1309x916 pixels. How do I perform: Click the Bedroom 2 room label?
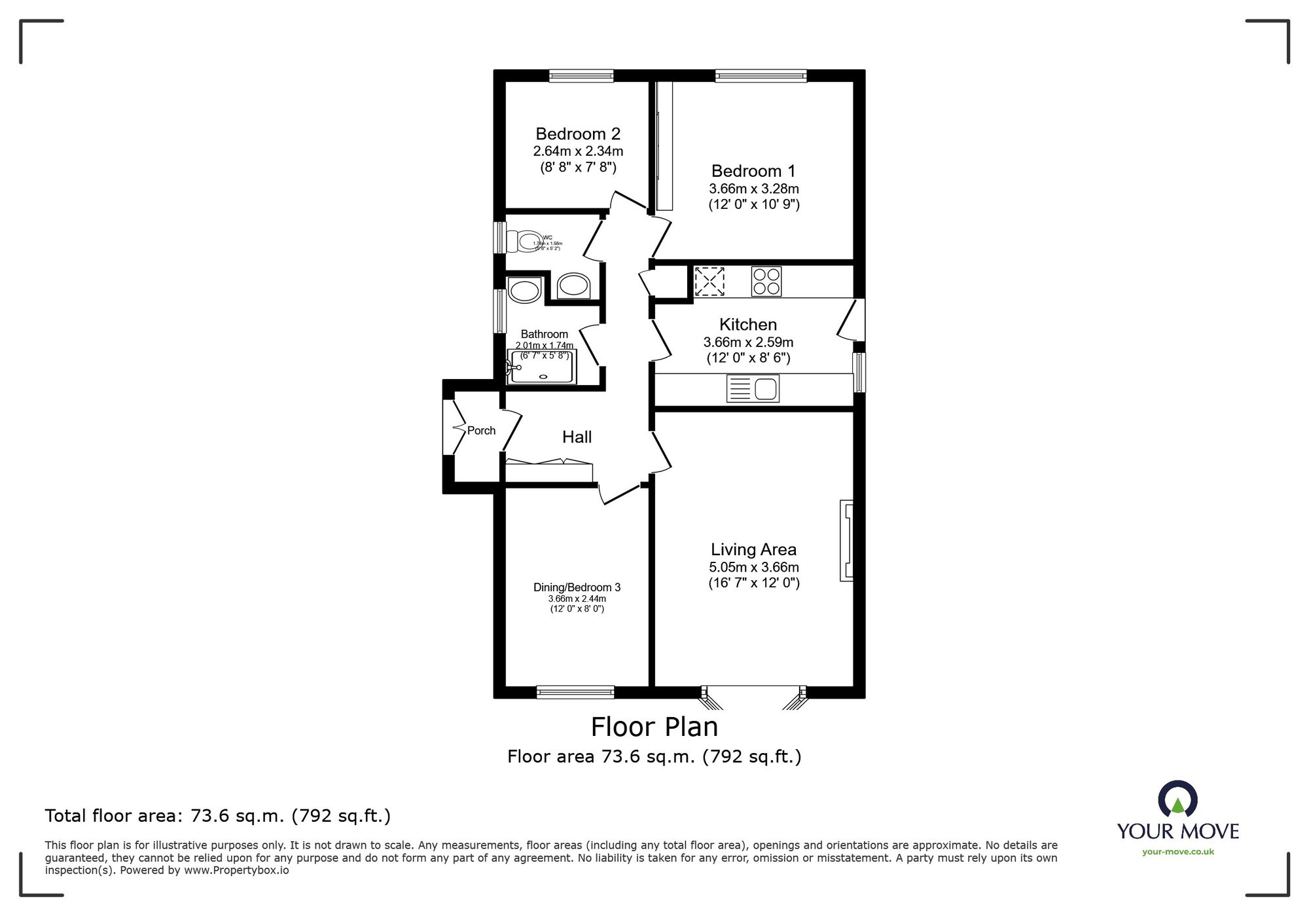tap(577, 134)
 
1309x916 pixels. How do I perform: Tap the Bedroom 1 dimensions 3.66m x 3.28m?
tap(753, 189)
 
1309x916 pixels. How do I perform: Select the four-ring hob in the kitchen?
tap(766, 282)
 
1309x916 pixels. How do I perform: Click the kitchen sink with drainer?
tap(753, 388)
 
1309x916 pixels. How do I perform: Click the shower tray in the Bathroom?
tap(542, 367)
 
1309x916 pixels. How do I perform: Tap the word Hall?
tap(577, 437)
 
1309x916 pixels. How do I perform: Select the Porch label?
tap(481, 430)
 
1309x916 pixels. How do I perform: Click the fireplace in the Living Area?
tap(846, 540)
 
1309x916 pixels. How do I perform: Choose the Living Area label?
tap(753, 549)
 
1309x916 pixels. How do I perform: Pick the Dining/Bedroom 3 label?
tap(577, 587)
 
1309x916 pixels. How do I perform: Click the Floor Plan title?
tap(654, 727)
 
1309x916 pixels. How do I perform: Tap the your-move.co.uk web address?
tap(1177, 852)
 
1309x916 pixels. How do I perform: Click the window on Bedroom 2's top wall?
tap(581, 76)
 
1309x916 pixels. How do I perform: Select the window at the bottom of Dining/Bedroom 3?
tap(575, 691)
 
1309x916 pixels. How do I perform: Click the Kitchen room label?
tap(747, 324)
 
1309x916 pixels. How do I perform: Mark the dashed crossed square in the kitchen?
tap(709, 282)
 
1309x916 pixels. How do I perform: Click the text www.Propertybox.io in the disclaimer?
tap(236, 870)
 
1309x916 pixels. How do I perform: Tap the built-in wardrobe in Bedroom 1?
tap(664, 145)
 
